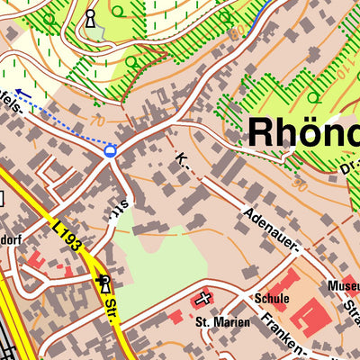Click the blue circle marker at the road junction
coord(111,151)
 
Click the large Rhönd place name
coord(301,131)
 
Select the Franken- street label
coord(283,333)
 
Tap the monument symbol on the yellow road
coord(103,283)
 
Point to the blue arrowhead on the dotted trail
coord(21,93)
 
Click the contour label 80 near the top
coord(237,33)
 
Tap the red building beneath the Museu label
coord(351,297)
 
